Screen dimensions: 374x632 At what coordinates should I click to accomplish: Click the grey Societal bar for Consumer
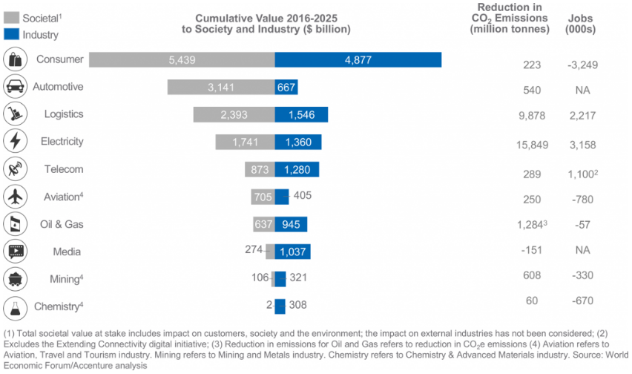(x=182, y=59)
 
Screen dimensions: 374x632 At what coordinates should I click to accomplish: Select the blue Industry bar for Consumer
(x=358, y=59)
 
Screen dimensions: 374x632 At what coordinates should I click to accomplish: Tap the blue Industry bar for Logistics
(x=301, y=114)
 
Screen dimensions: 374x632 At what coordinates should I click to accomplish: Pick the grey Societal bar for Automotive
(x=221, y=87)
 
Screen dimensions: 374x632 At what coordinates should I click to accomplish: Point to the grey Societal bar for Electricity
(x=245, y=142)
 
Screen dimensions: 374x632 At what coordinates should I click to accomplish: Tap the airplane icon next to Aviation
(x=15, y=197)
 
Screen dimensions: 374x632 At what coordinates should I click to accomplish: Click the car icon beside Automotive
(x=15, y=87)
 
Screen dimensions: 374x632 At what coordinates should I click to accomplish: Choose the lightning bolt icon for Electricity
(x=15, y=141)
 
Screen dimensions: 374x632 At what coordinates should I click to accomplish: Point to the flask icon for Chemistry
(x=15, y=306)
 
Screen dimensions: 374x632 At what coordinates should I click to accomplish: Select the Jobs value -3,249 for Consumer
(x=582, y=65)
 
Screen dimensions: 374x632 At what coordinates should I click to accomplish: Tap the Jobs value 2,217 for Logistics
(x=582, y=117)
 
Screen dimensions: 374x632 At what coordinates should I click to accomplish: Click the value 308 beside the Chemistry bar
(x=297, y=304)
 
